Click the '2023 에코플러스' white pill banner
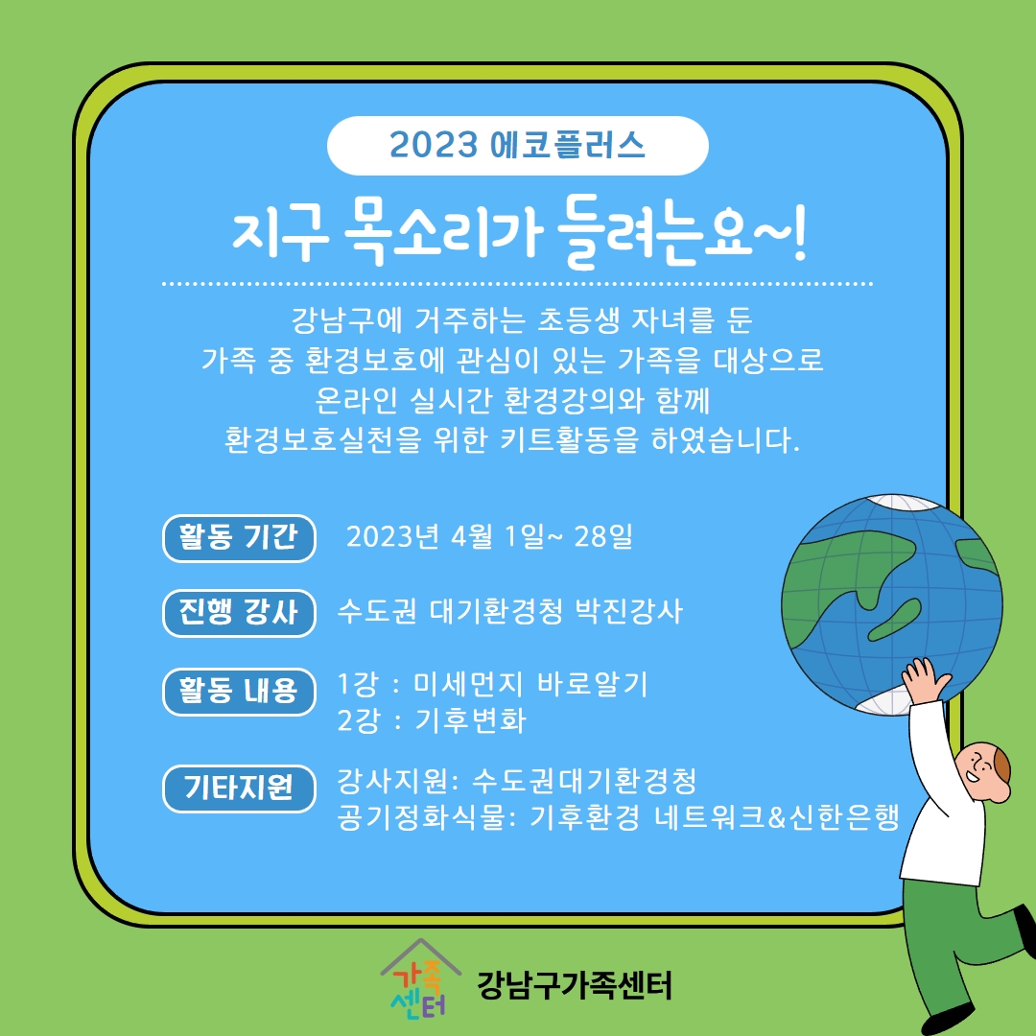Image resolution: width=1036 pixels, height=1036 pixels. click(x=517, y=146)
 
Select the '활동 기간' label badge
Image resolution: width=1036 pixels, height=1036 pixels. click(x=239, y=538)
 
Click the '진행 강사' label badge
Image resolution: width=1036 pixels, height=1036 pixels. click(x=239, y=612)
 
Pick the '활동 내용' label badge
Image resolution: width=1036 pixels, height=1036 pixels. click(x=239, y=691)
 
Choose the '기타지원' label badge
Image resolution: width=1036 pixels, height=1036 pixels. click(x=239, y=788)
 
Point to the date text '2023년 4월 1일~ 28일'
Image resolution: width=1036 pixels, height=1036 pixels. click(x=489, y=536)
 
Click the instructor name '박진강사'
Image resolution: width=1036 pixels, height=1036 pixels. click(x=629, y=611)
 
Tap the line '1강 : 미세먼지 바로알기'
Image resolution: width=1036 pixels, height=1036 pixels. click(x=492, y=685)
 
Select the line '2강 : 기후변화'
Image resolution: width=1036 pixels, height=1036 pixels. click(x=432, y=720)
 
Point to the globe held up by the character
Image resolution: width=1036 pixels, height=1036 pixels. click(x=891, y=604)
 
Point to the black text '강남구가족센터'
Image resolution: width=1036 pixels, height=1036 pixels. click(x=574, y=985)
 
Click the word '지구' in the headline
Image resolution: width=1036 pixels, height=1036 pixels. click(x=281, y=237)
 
